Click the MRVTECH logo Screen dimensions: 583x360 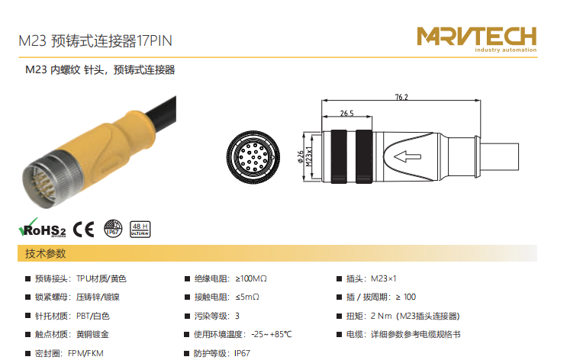[477, 40]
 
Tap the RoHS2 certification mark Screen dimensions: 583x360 [42, 228]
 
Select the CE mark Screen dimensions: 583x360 [84, 230]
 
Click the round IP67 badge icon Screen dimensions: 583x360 [113, 229]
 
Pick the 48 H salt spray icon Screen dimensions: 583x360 [140, 230]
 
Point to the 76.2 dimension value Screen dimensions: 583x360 [401, 97]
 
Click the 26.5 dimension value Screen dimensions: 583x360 [347, 114]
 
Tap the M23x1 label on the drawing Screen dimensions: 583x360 [309, 156]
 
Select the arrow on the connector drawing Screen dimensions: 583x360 [407, 156]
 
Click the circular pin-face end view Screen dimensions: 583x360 [253, 157]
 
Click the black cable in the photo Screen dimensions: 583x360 [161, 111]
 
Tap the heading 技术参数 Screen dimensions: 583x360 [45, 254]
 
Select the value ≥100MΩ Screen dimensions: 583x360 [251, 278]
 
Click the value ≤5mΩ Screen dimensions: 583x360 [247, 297]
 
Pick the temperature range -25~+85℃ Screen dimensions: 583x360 [272, 334]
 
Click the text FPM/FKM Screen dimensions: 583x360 [85, 353]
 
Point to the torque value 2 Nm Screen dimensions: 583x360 [381, 317]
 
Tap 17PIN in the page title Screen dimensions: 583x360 [154, 41]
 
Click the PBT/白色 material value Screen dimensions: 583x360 [93, 317]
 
